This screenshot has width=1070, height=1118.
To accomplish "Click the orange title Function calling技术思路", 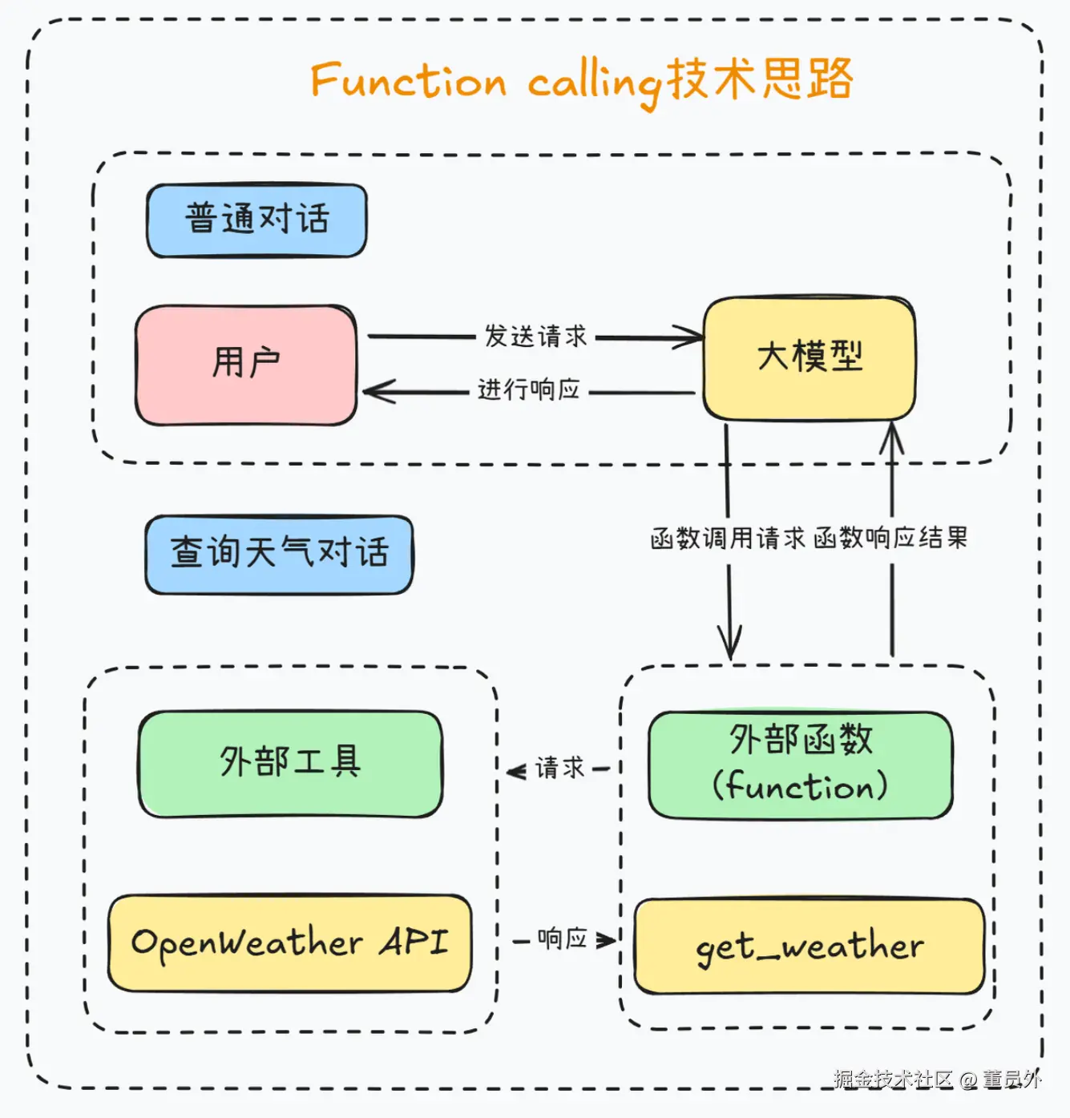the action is (x=582, y=83).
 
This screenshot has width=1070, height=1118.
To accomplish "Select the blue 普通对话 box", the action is (x=256, y=220).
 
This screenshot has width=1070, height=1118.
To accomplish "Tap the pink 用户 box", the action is (x=246, y=365).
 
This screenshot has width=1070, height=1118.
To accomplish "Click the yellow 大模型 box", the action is (x=810, y=358).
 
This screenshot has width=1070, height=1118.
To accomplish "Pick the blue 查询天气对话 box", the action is (x=279, y=555).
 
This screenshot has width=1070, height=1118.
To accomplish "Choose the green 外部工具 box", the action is (x=290, y=764).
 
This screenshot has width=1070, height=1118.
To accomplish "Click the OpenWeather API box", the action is (x=289, y=942).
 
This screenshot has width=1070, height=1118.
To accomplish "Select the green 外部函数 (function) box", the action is (x=801, y=765).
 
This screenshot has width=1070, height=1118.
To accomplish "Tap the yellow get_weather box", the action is (x=810, y=946).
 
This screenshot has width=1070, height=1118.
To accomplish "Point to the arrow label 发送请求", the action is (x=535, y=336).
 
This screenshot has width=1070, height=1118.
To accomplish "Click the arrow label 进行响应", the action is (x=529, y=389).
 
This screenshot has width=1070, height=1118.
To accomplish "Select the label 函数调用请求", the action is (x=728, y=539).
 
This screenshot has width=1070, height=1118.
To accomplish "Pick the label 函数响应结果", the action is (x=891, y=538).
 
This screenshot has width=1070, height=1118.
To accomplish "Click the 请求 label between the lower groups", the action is (x=559, y=768).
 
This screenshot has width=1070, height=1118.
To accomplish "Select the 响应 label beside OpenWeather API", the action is (x=562, y=938).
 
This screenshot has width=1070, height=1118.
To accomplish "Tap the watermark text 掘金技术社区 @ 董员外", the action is (x=938, y=1079).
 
